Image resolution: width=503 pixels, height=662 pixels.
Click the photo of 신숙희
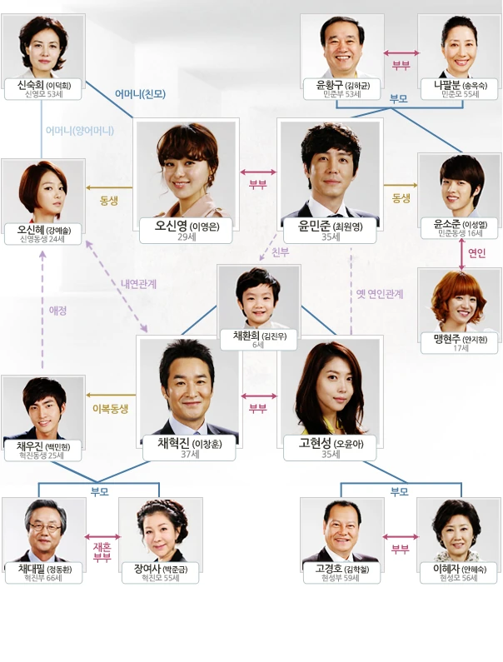click(x=42, y=46)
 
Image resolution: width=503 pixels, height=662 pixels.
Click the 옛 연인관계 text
click(x=380, y=294)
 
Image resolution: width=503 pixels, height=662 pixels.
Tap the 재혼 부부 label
click(x=102, y=551)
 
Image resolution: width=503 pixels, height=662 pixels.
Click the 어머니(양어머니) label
click(x=80, y=131)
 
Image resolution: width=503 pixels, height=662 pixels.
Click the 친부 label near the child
click(x=280, y=252)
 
